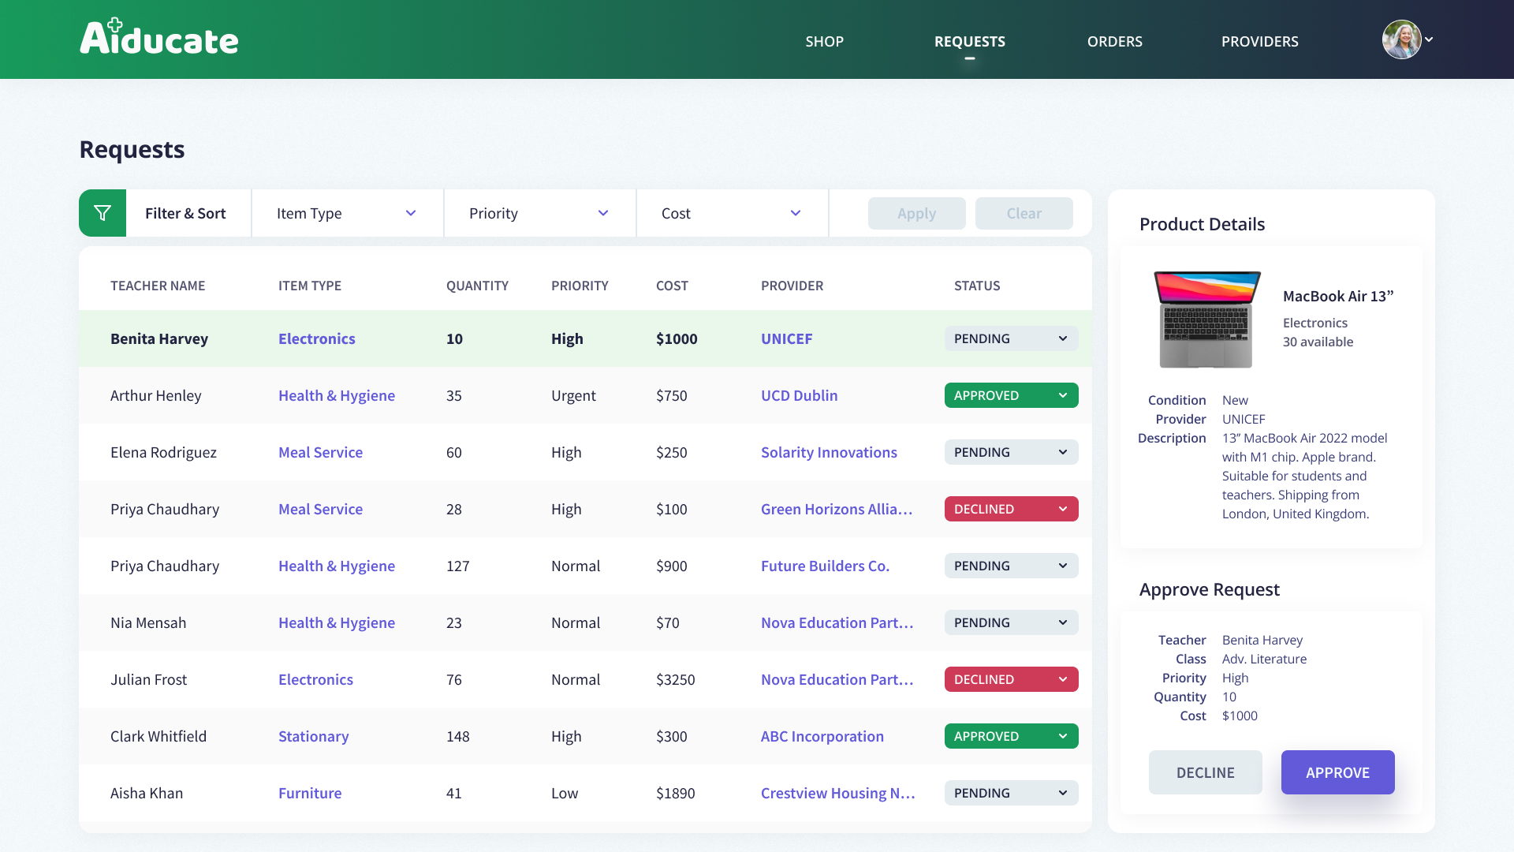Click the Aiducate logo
click(158, 37)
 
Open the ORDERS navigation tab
click(1114, 41)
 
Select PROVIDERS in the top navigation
click(1259, 41)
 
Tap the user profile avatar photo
click(1401, 39)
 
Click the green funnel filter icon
click(103, 213)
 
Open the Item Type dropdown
click(347, 213)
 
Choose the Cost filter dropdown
click(732, 213)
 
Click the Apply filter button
click(916, 213)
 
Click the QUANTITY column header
click(477, 286)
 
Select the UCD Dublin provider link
click(799, 395)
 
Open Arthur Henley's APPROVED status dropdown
click(1011, 395)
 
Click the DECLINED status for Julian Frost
click(1011, 679)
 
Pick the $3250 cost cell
click(675, 679)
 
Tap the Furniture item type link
click(310, 793)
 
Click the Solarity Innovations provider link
click(829, 452)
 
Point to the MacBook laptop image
click(1206, 319)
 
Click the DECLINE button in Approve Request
click(1205, 772)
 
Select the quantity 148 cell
click(457, 736)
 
